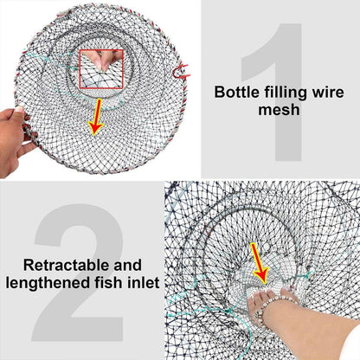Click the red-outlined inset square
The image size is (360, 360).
[x=102, y=67]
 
